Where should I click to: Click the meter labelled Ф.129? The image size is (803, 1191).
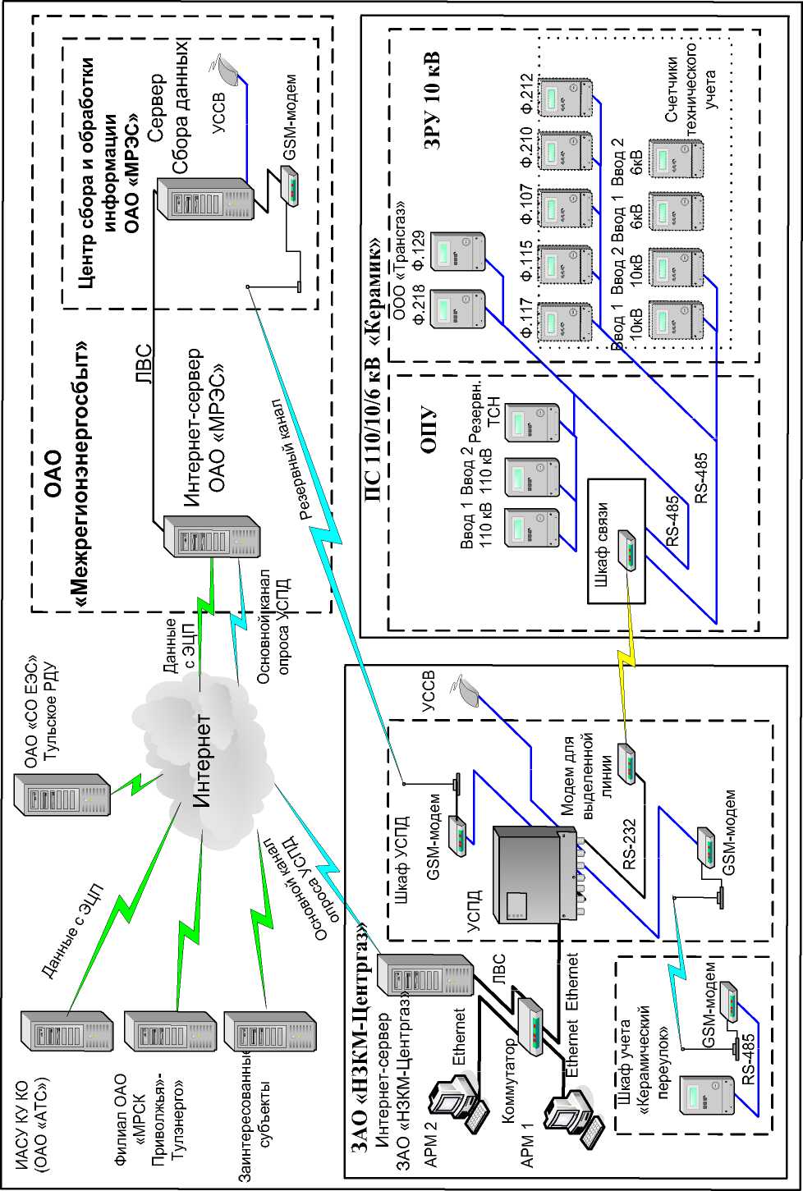[461, 250]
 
